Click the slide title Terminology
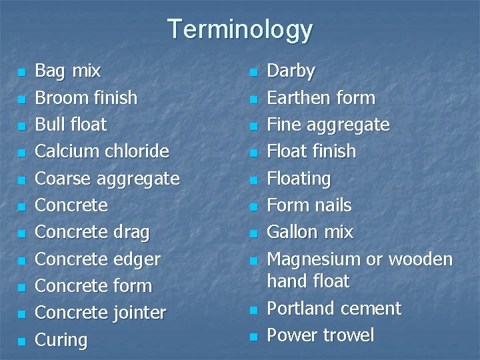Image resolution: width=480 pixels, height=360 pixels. click(x=239, y=30)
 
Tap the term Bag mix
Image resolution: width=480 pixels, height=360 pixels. click(x=67, y=71)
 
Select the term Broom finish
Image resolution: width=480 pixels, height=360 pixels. click(x=85, y=98)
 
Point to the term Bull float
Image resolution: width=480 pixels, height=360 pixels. click(x=71, y=125)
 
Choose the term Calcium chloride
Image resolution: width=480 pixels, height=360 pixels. click(x=101, y=151)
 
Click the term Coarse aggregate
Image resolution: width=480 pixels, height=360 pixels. click(x=107, y=179)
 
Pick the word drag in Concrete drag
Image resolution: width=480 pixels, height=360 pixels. click(x=131, y=233)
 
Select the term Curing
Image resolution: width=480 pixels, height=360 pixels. click(x=61, y=340)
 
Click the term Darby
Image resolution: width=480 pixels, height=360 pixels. click(x=291, y=71)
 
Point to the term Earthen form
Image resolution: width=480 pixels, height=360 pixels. click(x=321, y=98)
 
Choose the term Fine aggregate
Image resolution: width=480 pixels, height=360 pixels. click(x=328, y=125)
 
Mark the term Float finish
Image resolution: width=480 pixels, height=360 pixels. click(x=311, y=151)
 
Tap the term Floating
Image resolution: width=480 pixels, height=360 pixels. click(x=299, y=179)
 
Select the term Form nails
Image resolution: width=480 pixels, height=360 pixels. click(x=309, y=205)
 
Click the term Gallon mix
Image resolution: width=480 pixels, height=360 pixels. click(x=310, y=232)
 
